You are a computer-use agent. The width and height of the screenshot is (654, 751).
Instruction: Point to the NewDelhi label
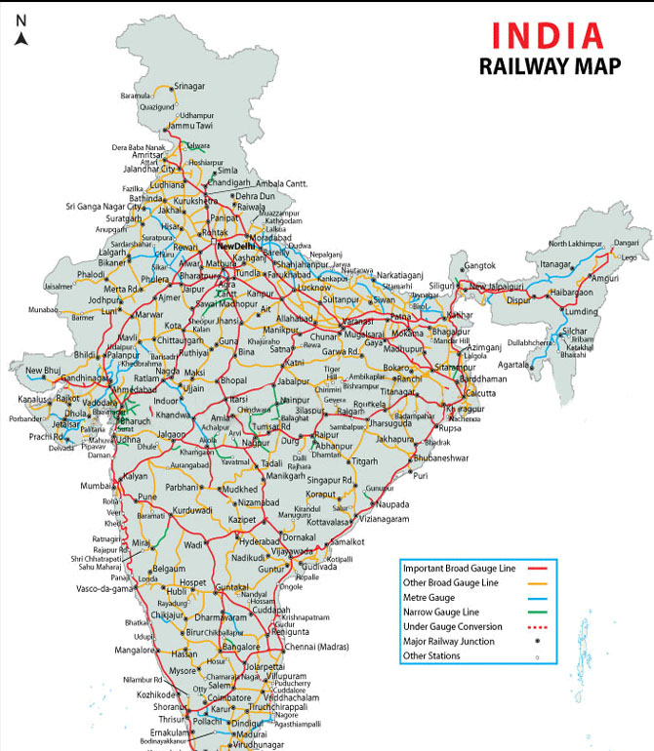(x=239, y=246)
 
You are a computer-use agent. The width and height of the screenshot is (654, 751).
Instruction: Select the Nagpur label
(x=255, y=443)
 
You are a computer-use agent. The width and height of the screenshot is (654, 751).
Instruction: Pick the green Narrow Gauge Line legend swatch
(x=539, y=612)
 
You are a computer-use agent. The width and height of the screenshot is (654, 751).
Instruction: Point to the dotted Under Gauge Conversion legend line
(x=539, y=626)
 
